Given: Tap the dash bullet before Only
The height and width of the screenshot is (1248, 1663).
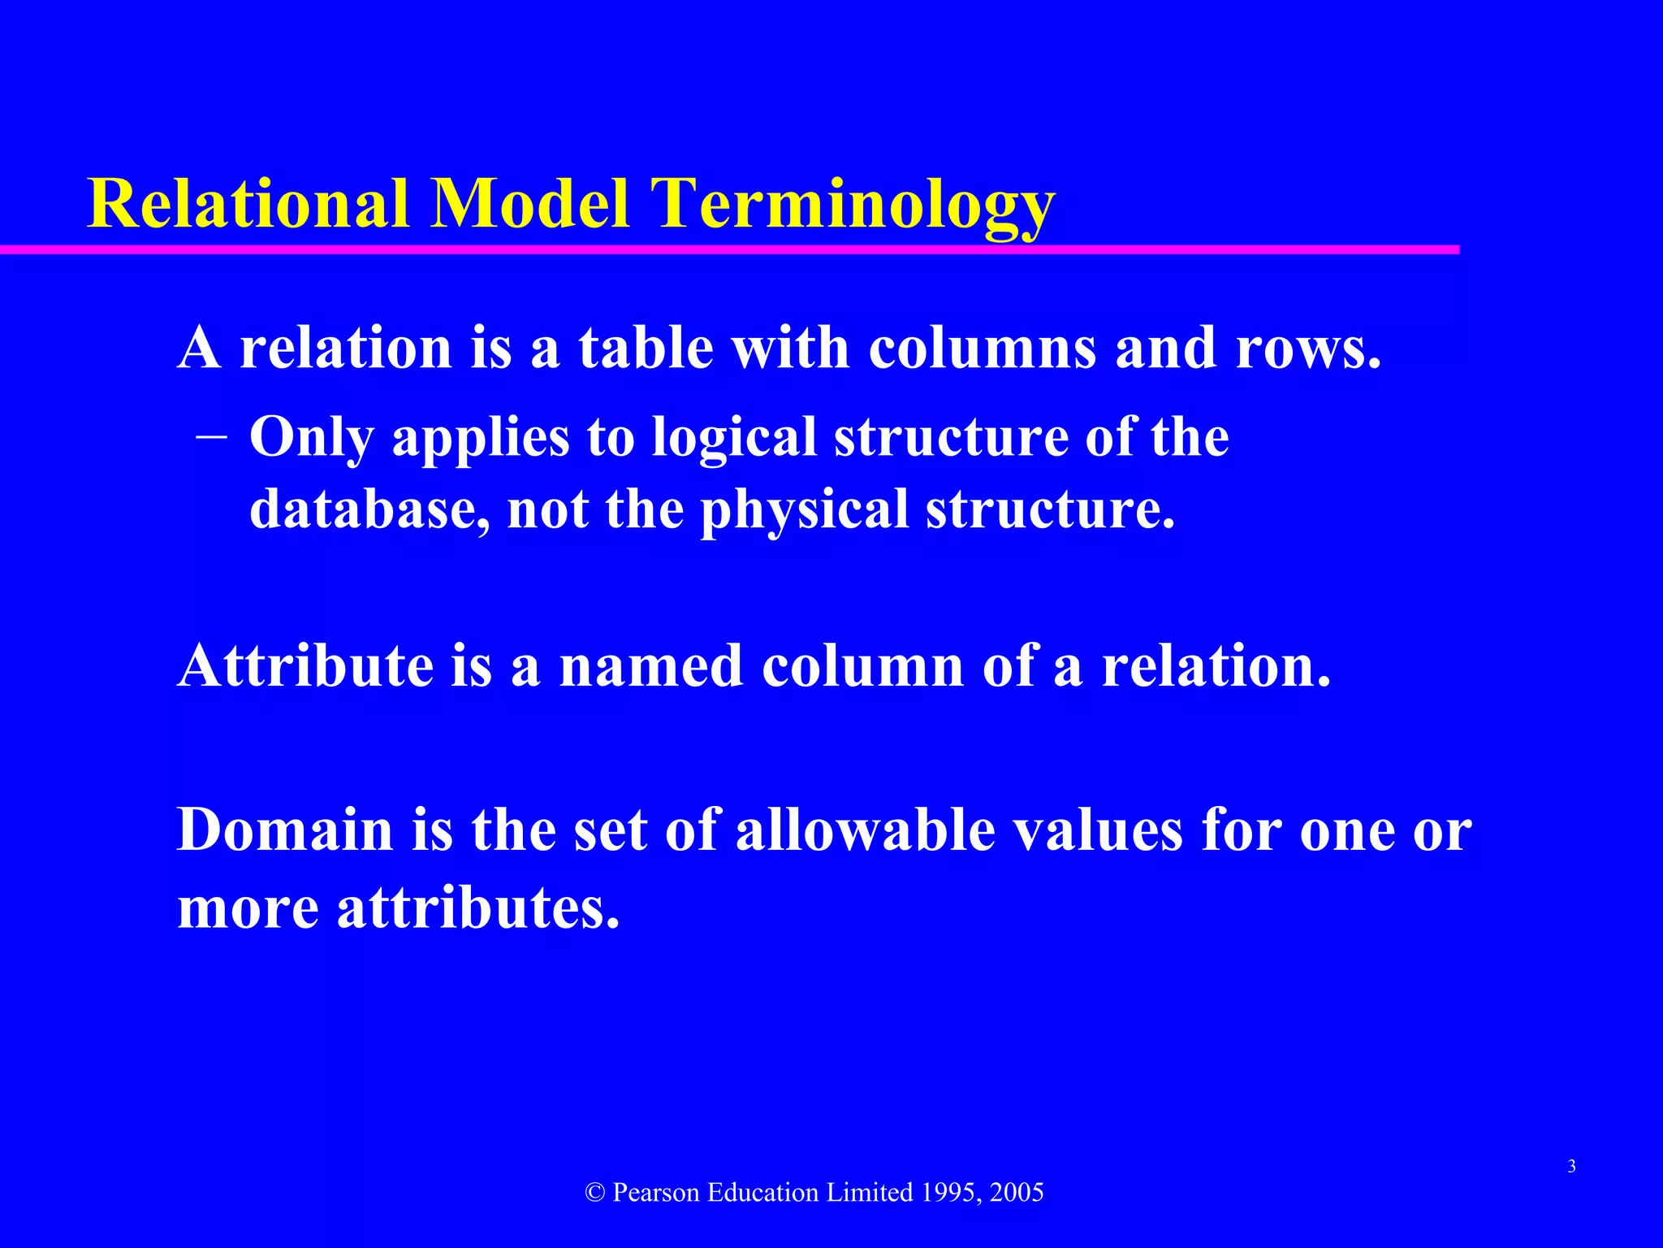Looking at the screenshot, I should pyautogui.click(x=211, y=436).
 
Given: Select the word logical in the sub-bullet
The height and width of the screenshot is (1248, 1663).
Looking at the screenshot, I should pyautogui.click(x=734, y=439).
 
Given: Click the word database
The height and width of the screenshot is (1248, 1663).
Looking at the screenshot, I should pyautogui.click(x=369, y=509).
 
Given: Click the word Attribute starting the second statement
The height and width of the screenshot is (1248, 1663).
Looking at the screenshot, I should pyautogui.click(x=305, y=666).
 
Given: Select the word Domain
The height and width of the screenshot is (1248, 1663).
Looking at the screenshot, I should pyautogui.click(x=285, y=830).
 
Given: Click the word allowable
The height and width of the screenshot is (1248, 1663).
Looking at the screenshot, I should pyautogui.click(x=865, y=830).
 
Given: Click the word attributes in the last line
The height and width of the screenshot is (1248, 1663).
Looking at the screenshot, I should pyautogui.click(x=478, y=908).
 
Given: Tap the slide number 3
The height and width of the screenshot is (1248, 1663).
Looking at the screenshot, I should pyautogui.click(x=1572, y=1167).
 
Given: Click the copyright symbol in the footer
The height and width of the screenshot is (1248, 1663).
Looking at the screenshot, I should pyautogui.click(x=595, y=1193).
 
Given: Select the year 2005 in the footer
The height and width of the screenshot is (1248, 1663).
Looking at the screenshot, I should pyautogui.click(x=1017, y=1193).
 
